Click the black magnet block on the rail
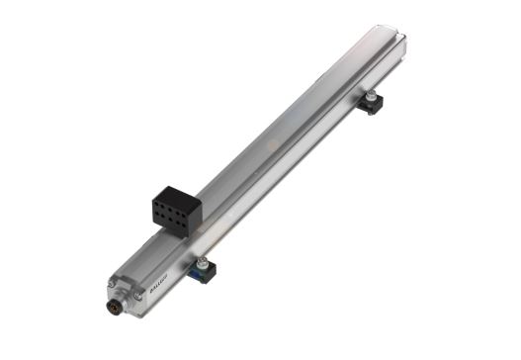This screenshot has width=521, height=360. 176,210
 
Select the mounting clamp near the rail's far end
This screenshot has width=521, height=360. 373,101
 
